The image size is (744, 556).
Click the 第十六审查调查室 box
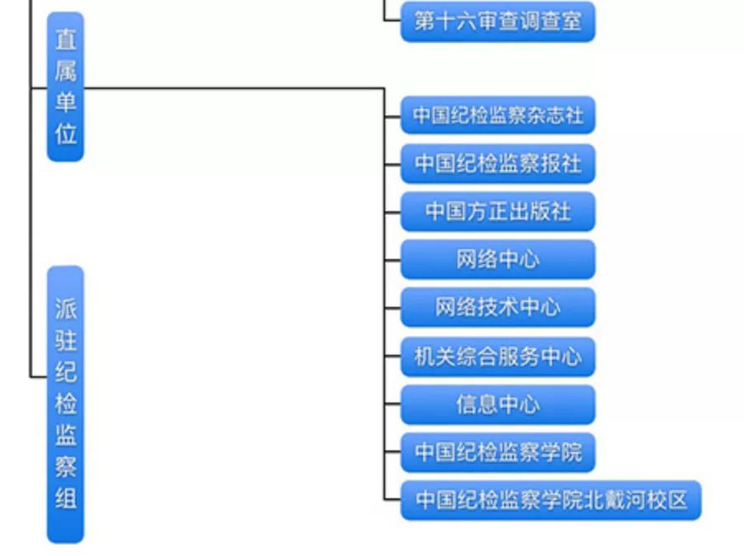tap(497, 22)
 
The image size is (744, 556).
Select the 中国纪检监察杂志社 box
tap(497, 115)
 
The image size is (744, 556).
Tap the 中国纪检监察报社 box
tap(497, 163)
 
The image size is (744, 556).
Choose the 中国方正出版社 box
tap(497, 211)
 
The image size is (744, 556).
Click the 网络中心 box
tap(497, 259)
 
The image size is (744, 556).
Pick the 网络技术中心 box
tap(497, 308)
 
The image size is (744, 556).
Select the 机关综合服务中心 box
tap(497, 356)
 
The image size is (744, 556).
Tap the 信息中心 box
tap(497, 404)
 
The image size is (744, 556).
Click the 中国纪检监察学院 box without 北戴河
tap(497, 452)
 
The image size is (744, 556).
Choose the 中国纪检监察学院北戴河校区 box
tap(550, 500)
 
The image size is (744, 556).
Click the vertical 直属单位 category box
tap(65, 87)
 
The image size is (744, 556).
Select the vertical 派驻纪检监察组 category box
tap(65, 404)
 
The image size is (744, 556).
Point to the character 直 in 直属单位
tap(65, 40)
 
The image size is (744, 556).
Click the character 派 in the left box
tap(65, 309)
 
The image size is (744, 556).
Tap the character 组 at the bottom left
tap(65, 498)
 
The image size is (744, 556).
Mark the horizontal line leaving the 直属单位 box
tap(231, 87)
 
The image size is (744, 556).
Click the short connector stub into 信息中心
tap(393, 404)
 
